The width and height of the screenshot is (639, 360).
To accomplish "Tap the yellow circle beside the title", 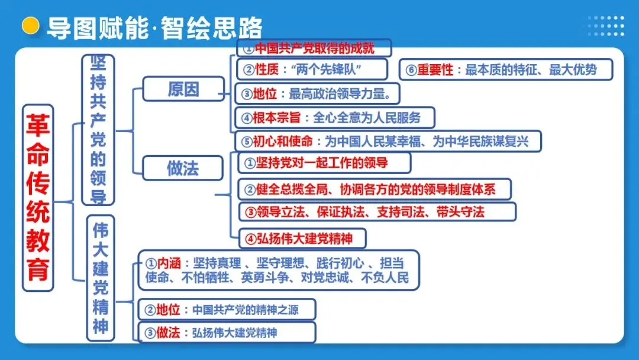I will tap(30, 26).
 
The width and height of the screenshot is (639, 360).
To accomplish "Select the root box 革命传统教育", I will tap(38, 198).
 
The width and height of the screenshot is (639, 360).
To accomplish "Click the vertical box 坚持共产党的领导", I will tap(98, 130).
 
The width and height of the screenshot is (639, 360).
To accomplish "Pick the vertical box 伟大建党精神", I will tap(101, 277).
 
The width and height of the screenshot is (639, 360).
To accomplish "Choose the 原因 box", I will tap(183, 89).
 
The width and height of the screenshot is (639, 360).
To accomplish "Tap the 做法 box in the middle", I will tap(183, 169).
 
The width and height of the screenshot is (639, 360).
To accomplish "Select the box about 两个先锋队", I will tap(312, 69).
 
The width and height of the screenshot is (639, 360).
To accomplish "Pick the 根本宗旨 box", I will tap(334, 117).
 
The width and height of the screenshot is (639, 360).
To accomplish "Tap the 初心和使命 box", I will tap(388, 142).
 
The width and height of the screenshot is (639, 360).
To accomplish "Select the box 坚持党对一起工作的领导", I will tap(324, 162).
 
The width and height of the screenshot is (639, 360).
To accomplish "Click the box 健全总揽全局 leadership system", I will tap(375, 189).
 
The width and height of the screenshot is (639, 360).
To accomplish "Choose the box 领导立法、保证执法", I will tap(377, 211).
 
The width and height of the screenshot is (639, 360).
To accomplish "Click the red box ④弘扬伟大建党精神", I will tap(302, 238).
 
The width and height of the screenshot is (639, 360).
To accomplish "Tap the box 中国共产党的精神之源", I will tap(227, 310).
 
